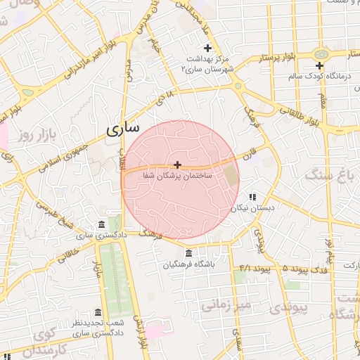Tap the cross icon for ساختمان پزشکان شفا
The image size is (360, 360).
tap(177, 164)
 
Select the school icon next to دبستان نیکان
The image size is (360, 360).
tap(252, 198)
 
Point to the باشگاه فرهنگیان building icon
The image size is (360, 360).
tap(188, 253)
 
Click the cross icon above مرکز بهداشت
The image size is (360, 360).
tap(207, 47)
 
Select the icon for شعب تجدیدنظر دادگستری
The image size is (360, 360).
tap(98, 312)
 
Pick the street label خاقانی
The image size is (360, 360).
tap(60, 245)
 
